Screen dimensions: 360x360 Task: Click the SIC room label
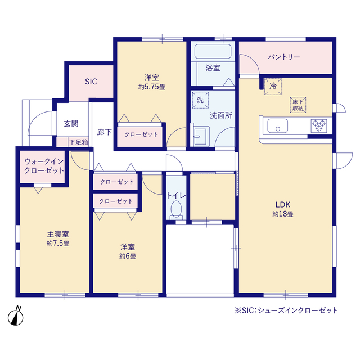(x=91, y=82)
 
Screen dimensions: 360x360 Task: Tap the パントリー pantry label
(x=284, y=57)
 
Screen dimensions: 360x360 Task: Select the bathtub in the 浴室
(x=213, y=51)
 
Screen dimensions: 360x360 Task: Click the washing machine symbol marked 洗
(x=200, y=100)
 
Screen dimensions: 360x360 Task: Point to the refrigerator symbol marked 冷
(x=273, y=86)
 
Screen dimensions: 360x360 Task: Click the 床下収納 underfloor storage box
(x=298, y=105)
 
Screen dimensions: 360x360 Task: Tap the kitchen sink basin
(x=277, y=126)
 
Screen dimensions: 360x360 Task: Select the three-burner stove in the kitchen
(x=319, y=125)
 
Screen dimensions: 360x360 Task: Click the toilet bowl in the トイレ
(x=176, y=210)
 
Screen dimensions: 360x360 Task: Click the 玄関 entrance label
(x=71, y=124)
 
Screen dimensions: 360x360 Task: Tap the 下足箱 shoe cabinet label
(x=79, y=142)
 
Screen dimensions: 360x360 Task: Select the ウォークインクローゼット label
(x=44, y=166)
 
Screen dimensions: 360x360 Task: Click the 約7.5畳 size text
(x=58, y=244)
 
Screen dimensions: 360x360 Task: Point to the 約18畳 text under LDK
(x=283, y=214)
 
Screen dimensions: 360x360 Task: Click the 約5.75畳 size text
(x=152, y=87)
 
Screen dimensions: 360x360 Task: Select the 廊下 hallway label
(x=104, y=132)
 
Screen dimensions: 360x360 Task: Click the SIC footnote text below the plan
(x=286, y=310)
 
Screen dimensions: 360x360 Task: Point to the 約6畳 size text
(x=128, y=256)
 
